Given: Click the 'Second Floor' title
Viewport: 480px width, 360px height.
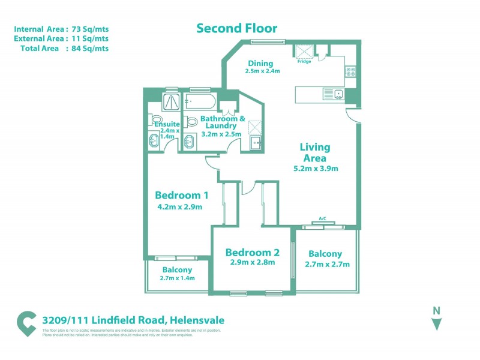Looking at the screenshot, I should (x=237, y=28).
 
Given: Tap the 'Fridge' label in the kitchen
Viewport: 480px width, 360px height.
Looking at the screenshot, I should (x=304, y=61).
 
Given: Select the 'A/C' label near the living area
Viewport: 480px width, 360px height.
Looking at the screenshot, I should (x=322, y=218).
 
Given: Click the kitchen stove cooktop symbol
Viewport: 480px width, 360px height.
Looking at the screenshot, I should (x=350, y=71).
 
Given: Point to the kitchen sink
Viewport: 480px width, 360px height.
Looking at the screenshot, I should (x=338, y=94).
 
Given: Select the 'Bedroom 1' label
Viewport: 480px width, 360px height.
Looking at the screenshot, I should (x=181, y=195).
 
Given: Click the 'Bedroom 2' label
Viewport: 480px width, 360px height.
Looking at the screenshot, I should (x=252, y=252).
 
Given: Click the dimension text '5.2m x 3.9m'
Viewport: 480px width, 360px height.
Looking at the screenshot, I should (x=315, y=169).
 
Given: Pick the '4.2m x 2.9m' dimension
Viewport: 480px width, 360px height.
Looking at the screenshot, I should (x=179, y=208).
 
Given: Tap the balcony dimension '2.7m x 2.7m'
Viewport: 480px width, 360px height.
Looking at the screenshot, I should (x=327, y=264).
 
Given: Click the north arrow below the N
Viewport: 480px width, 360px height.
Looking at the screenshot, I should (x=437, y=324).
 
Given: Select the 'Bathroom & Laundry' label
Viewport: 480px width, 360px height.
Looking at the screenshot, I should (x=223, y=122).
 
